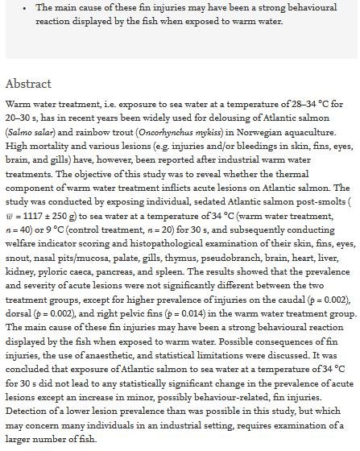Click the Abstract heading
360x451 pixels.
tap(28, 84)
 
